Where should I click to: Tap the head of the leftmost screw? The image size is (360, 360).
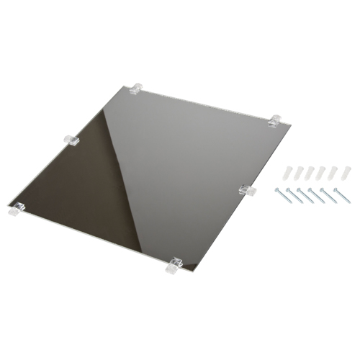pyautogui.click(x=277, y=190)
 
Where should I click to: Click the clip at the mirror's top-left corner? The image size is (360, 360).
pyautogui.click(x=136, y=89)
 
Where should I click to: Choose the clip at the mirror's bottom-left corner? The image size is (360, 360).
pyautogui.click(x=17, y=210)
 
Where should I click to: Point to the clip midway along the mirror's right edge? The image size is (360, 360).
pyautogui.click(x=246, y=190)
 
